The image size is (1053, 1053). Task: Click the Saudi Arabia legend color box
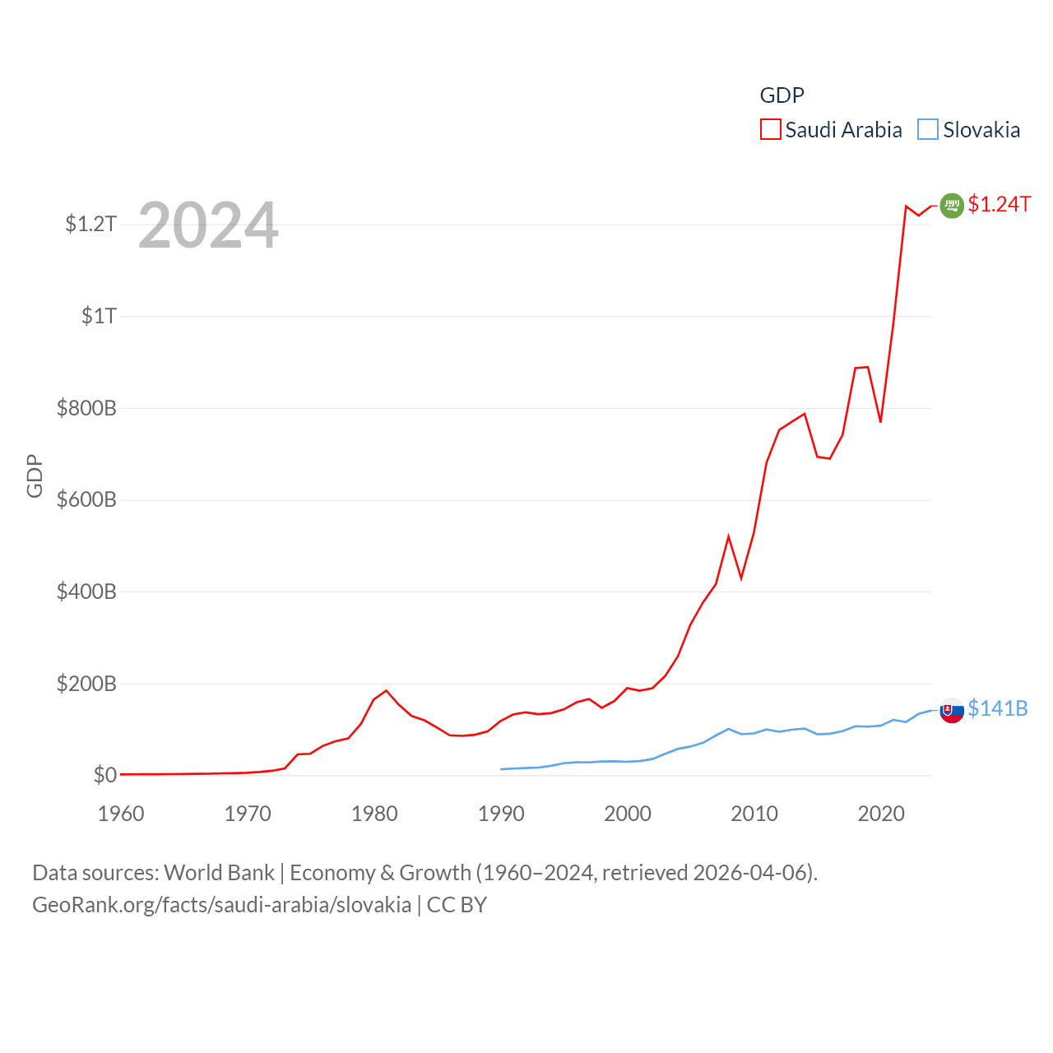pos(770,130)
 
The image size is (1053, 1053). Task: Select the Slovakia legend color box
pos(928,130)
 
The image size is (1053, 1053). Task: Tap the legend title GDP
pos(782,95)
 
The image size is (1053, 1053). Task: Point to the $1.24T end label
pos(999,204)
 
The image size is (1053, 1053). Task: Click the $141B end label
pos(997,708)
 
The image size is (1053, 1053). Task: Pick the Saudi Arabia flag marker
pos(952,206)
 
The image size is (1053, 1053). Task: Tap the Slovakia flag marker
pos(952,710)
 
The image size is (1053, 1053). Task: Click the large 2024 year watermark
pos(208,225)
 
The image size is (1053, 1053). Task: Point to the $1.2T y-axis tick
pos(90,224)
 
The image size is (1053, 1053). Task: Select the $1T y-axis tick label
pos(99,316)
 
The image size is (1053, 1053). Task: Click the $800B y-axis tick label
pos(86,408)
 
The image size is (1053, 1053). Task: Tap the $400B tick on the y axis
pos(86,591)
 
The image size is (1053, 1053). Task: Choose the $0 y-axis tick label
pos(104,775)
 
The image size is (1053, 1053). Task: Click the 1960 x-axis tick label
pos(121,814)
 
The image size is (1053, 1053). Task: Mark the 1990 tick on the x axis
pos(501,814)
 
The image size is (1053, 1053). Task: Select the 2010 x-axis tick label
pos(754,814)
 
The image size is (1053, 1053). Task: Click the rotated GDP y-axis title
pos(35,475)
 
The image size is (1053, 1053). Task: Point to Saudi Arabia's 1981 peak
pos(387,690)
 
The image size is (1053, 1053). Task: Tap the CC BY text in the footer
pos(457,905)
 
